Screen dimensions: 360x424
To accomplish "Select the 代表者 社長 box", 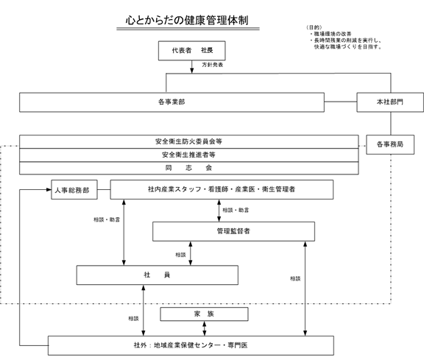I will click(191, 51).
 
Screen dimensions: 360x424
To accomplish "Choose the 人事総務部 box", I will click(71, 190).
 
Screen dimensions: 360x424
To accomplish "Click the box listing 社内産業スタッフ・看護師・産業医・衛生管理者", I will click(222, 189).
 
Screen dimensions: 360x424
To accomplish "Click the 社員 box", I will click(158, 275).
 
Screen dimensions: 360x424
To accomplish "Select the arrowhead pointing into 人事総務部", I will click(46, 190).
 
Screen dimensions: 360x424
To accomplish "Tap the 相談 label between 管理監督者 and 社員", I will click(180, 255).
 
